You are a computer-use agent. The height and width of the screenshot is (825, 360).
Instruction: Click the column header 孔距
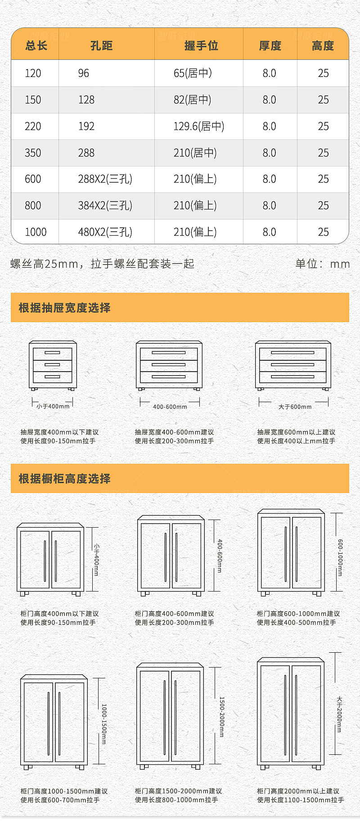point(101,45)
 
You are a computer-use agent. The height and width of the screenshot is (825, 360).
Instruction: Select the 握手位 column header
point(201,45)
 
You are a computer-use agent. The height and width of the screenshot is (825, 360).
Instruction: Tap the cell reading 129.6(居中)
point(198,126)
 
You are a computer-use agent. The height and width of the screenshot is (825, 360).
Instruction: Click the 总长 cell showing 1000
point(36,232)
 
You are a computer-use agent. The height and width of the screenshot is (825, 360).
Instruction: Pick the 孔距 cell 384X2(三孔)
point(105,206)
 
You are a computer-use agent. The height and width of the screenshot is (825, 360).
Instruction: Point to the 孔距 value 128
point(86,100)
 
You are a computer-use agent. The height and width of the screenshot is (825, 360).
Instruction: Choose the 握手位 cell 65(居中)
point(193,73)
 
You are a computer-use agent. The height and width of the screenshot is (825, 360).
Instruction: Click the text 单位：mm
point(322,264)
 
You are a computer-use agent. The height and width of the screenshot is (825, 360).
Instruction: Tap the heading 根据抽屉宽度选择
point(64,308)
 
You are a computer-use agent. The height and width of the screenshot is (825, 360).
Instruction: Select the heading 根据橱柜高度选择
point(64,479)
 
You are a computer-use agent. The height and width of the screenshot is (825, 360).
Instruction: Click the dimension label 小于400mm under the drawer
point(53,406)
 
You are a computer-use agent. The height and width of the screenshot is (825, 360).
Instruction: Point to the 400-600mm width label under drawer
point(170,407)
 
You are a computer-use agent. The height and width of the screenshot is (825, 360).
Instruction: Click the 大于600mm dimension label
point(295,407)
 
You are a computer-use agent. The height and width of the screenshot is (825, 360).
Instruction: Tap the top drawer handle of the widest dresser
point(292,353)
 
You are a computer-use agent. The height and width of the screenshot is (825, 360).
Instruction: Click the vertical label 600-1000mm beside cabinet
point(340,558)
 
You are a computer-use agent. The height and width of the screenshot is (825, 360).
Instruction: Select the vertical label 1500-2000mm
point(221,717)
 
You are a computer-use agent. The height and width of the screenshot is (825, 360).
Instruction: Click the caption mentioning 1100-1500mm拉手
point(300,800)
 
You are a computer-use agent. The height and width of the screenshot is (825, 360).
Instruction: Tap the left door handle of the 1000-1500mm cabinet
point(48,723)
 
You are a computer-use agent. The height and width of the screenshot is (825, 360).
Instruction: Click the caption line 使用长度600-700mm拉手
point(60,800)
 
